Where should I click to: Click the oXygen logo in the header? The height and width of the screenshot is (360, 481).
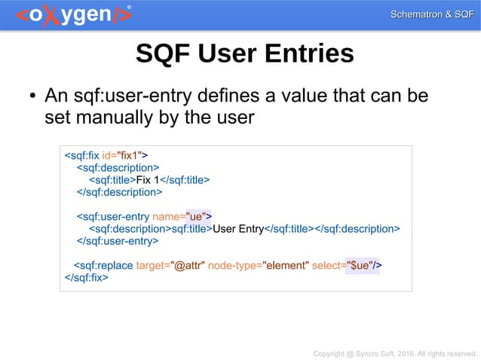(x=72, y=15)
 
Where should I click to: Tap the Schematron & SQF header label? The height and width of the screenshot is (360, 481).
(x=431, y=15)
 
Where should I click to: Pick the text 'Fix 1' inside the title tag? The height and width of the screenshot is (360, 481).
(x=149, y=180)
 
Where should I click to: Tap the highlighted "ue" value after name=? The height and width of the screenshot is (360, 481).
(x=199, y=217)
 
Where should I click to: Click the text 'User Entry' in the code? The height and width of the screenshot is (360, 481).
(x=238, y=229)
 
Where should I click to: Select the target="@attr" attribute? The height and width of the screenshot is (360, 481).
(x=171, y=265)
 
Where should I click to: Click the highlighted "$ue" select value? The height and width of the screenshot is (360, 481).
(x=358, y=265)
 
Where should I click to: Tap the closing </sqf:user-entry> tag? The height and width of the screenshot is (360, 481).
(x=118, y=241)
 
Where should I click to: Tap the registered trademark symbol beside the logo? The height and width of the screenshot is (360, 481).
(x=129, y=7)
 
